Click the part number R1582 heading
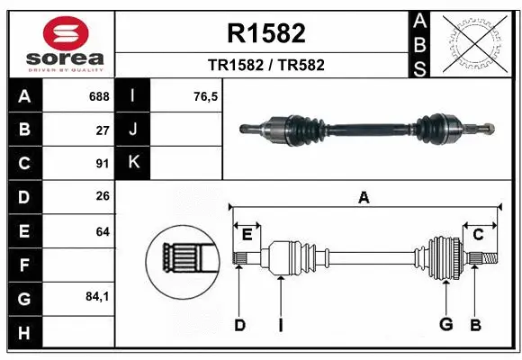coord(265,34)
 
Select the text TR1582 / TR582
coord(265,65)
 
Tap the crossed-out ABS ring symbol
coord(474,42)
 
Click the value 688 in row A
coord(99,96)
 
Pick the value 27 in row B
coord(103,130)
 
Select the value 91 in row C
coord(103,164)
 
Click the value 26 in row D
coord(103,197)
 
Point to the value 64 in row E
coord(103,231)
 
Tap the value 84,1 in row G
coord(98,298)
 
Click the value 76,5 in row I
coord(206,96)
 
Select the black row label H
coord(23,333)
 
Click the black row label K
coord(133,163)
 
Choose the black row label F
coord(23,265)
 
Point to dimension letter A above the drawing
coord(364,197)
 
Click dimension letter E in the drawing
coord(247,235)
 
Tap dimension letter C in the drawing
coord(479,235)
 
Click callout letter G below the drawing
coord(445,325)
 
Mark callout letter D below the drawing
coord(239,325)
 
